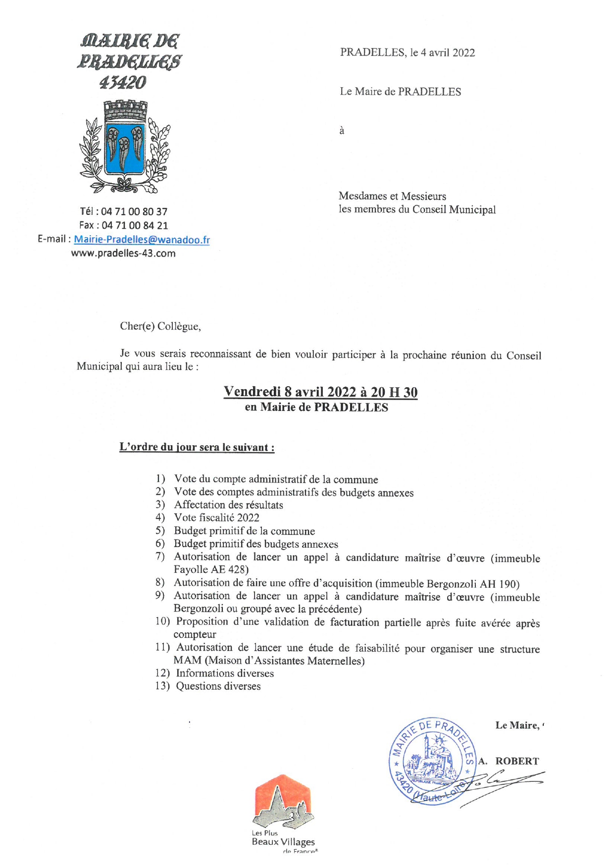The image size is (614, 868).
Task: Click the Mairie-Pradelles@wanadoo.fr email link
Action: coord(142,240)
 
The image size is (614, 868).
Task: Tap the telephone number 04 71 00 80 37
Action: coord(134,212)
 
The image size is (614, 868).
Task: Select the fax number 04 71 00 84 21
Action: coord(135,226)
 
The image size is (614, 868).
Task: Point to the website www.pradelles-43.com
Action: coord(123,254)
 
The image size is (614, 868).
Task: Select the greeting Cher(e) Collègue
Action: coord(160,326)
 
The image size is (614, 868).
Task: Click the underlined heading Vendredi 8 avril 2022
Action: coord(320,392)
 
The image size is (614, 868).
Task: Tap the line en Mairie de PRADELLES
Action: coord(316,408)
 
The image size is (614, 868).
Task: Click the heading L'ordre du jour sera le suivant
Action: coord(197,447)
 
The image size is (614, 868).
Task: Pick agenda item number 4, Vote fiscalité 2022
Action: coord(216,518)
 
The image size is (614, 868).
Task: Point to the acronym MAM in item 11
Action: coord(187,661)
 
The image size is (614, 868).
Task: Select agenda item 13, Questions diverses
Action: coord(218,686)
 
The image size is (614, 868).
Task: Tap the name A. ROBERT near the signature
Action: coord(509,761)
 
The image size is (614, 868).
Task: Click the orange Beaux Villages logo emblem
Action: coord(283,803)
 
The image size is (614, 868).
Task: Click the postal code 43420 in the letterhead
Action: coord(123,83)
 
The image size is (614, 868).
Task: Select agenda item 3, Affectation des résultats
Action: coord(228,505)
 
